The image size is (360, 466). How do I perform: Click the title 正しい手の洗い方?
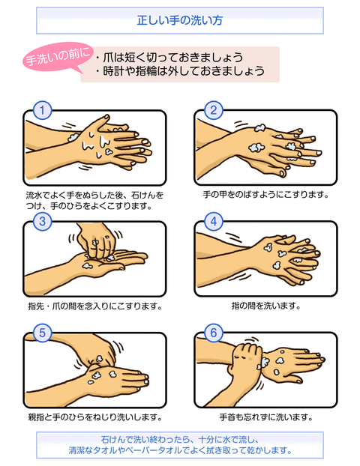tap(180, 20)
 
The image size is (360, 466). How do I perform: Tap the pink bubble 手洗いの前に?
tap(58, 57)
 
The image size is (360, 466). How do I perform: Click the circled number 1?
tap(42, 110)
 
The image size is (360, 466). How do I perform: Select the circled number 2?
tap(213, 110)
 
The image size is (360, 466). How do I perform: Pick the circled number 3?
tap(42, 222)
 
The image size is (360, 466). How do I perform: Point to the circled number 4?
tap(213, 222)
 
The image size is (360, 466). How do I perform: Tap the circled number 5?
tap(42, 333)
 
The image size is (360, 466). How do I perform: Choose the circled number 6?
tap(213, 333)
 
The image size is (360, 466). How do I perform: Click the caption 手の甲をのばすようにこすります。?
tap(265, 195)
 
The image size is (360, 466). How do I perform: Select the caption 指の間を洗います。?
tap(265, 306)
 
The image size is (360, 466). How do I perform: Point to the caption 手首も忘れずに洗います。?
tap(265, 417)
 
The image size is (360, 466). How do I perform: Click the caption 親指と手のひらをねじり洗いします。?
tap(95, 417)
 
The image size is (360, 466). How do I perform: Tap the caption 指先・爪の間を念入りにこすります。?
tap(95, 306)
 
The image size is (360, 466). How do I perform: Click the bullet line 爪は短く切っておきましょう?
tap(169, 58)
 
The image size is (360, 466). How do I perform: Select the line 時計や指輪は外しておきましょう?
tap(180, 70)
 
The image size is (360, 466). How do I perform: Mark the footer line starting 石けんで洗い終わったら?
tap(180, 439)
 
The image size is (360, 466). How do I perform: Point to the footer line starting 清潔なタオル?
tap(180, 450)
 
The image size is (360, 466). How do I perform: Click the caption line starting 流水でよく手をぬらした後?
tap(94, 196)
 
